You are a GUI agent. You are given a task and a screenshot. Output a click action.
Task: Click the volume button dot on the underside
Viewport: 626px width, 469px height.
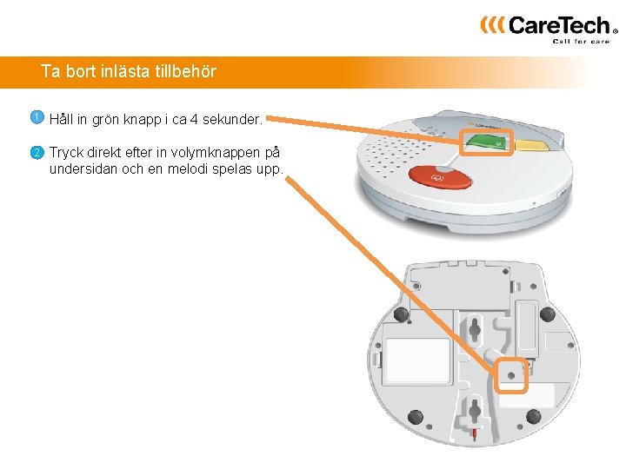(510, 377)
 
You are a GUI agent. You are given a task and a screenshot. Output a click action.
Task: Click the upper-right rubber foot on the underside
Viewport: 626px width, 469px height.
(547, 314)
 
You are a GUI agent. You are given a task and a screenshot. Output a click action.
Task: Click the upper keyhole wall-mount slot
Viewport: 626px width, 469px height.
(475, 328)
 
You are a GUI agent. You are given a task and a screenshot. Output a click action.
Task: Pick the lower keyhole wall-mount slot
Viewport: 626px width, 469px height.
(475, 408)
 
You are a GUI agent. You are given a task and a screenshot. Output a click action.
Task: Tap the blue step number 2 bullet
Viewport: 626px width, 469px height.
(37, 152)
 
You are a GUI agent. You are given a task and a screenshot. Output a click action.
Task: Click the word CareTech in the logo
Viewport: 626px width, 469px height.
(558, 25)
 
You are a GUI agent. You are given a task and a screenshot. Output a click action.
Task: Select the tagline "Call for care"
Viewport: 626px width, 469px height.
(582, 41)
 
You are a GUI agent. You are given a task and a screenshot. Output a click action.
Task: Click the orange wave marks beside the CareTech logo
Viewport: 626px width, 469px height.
(491, 24)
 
